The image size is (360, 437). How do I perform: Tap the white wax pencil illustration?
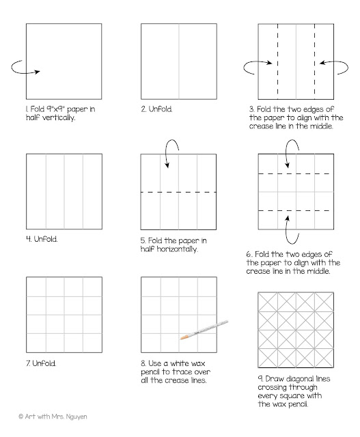point(204,330)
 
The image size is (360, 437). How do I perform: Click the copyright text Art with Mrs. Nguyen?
point(53,417)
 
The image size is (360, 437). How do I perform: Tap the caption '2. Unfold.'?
point(156,109)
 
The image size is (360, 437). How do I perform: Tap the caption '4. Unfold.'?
point(42,239)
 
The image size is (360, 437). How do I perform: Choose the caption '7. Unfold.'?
point(41,363)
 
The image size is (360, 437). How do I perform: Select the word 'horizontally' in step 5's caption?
point(177,249)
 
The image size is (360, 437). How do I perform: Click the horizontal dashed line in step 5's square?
point(178,192)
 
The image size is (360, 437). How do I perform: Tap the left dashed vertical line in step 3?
point(278,61)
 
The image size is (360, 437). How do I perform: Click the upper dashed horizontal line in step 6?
point(294,174)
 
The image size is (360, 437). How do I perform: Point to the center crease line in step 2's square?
point(179,61)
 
